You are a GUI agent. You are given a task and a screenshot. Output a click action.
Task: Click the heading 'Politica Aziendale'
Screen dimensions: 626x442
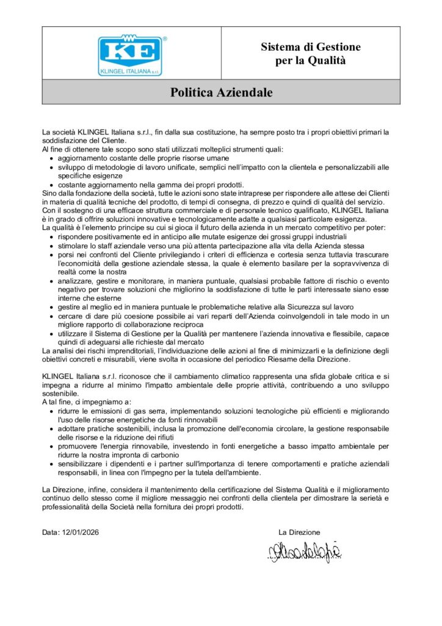point(221,92)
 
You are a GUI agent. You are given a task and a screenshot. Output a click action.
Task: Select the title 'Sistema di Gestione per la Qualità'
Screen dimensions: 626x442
point(311,53)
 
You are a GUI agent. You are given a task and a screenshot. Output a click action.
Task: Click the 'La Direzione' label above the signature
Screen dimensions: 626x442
point(299,532)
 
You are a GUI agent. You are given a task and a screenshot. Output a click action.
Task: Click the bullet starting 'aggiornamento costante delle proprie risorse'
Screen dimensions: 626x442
point(135,158)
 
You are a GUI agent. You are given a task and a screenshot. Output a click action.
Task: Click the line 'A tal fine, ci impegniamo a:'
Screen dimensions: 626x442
point(87,402)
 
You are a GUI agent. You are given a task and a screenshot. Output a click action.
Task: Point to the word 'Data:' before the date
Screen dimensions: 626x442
point(51,532)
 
